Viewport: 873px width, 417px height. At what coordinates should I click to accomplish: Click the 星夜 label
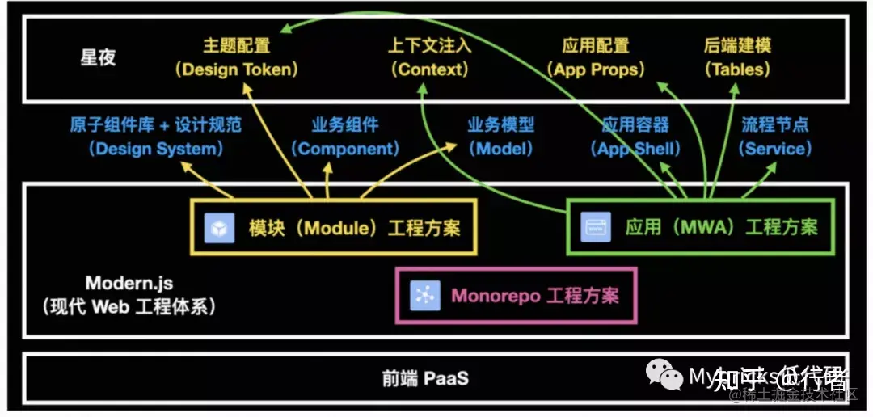(x=99, y=58)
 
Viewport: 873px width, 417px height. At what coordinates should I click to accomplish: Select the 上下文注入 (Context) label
(x=429, y=57)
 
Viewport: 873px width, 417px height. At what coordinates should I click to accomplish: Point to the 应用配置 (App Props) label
(x=596, y=57)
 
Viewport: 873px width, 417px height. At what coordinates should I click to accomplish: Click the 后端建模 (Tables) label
(x=737, y=57)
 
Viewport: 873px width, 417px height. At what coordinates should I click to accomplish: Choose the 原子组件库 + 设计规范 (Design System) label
(x=155, y=137)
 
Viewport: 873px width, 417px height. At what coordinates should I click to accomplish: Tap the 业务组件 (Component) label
(x=345, y=137)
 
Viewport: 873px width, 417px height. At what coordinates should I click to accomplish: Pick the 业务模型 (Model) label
(x=500, y=137)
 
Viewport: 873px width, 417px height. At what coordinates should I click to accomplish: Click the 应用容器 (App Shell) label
(x=635, y=137)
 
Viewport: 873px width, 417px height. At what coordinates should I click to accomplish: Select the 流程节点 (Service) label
(x=775, y=137)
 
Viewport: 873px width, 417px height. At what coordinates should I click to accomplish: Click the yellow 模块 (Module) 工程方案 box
(x=333, y=228)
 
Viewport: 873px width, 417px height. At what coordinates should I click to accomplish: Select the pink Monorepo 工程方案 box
(x=516, y=295)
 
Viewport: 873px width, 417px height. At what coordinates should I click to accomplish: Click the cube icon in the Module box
(x=218, y=228)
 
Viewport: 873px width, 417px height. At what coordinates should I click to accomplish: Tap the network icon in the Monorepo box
(x=424, y=295)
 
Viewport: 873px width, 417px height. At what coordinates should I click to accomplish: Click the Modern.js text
(x=129, y=284)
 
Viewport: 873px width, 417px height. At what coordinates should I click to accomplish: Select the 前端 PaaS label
(x=425, y=378)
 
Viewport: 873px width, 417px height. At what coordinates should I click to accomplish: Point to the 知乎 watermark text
(x=734, y=378)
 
